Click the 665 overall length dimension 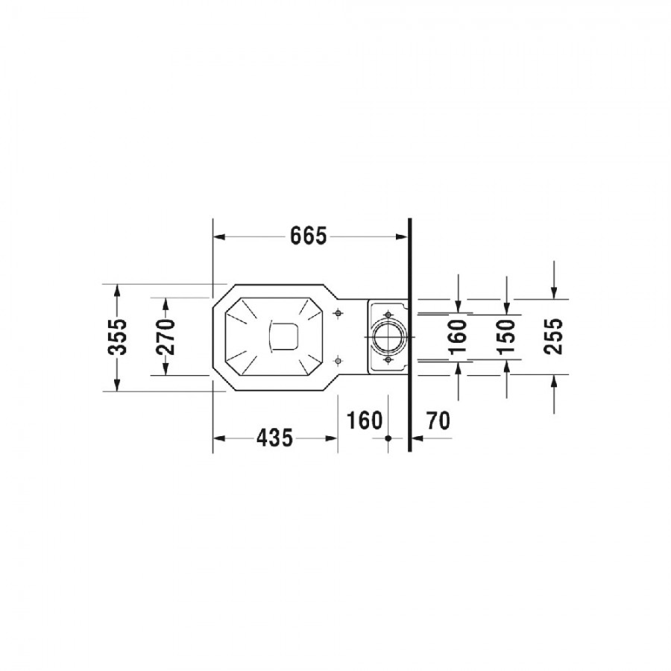point(308,236)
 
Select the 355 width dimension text point(117,337)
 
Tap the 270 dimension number point(166,337)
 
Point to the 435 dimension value point(274,438)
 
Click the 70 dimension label point(438,420)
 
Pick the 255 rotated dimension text point(554,336)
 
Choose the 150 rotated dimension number point(507,337)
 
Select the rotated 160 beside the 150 point(458,337)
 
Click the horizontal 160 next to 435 point(364,420)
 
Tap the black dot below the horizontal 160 point(388,438)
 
